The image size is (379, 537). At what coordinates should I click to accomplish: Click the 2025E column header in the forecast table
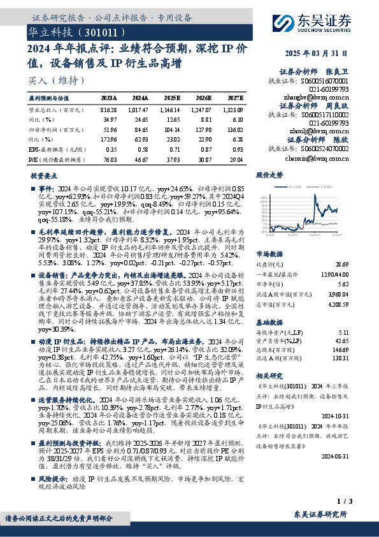point(172,98)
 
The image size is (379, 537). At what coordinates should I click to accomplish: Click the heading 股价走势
point(269,174)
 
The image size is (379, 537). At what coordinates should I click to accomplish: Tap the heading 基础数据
point(269,305)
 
